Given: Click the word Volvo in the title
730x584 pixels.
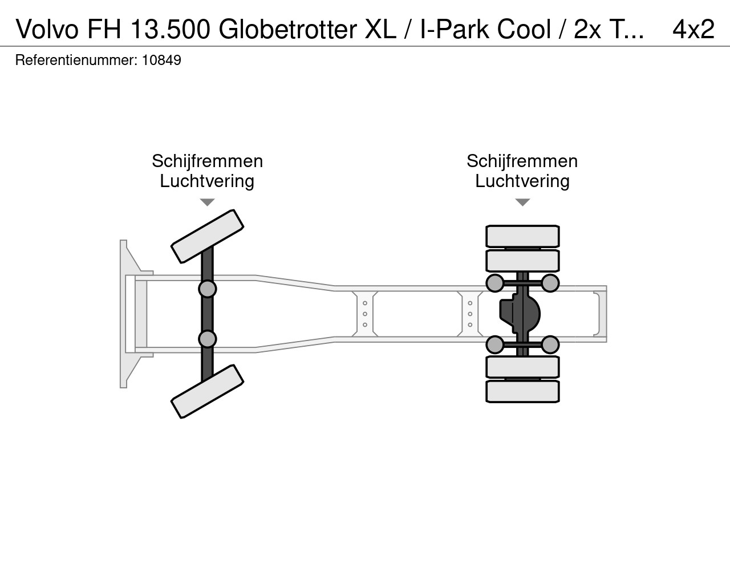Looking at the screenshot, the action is (x=47, y=29).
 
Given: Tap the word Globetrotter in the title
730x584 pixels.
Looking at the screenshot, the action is (x=287, y=29).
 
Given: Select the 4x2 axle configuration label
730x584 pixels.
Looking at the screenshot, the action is (x=693, y=29).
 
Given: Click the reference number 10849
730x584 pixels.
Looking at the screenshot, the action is (x=161, y=60).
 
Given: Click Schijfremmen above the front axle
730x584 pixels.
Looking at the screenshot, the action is (x=207, y=161).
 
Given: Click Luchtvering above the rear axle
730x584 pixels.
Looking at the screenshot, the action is (x=522, y=181).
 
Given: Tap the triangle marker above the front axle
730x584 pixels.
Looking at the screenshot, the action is (x=207, y=202).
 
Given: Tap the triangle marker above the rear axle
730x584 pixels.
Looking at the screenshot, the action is (x=522, y=202).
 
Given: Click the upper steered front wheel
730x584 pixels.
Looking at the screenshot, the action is (x=207, y=236).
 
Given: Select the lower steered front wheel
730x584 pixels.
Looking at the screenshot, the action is (x=207, y=391).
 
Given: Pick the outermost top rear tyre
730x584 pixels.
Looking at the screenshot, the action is (x=522, y=236).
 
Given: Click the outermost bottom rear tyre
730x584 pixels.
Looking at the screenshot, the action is (x=522, y=391).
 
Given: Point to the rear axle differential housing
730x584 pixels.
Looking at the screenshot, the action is (x=520, y=314).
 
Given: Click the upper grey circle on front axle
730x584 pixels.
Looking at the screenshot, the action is (x=207, y=289).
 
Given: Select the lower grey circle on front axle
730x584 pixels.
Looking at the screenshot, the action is (x=207, y=339).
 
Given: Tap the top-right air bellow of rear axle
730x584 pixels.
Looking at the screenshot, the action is (x=550, y=283).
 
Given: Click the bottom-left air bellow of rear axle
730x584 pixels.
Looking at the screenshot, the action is (x=495, y=345).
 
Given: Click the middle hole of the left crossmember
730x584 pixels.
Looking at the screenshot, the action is (x=365, y=314).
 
